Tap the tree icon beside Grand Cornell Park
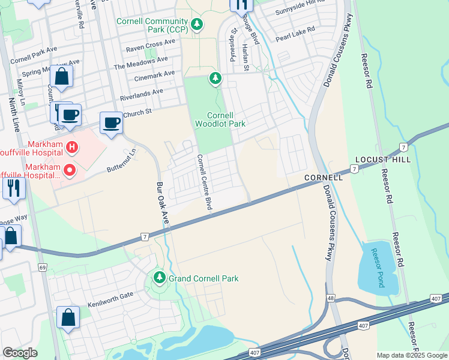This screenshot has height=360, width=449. click(x=159, y=278)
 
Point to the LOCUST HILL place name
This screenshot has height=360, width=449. click(x=383, y=160)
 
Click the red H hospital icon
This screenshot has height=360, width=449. click(x=71, y=146)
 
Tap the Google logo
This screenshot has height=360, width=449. click(x=20, y=353)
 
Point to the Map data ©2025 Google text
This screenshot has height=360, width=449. click(x=412, y=355)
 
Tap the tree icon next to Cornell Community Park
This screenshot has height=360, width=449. click(x=197, y=25)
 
